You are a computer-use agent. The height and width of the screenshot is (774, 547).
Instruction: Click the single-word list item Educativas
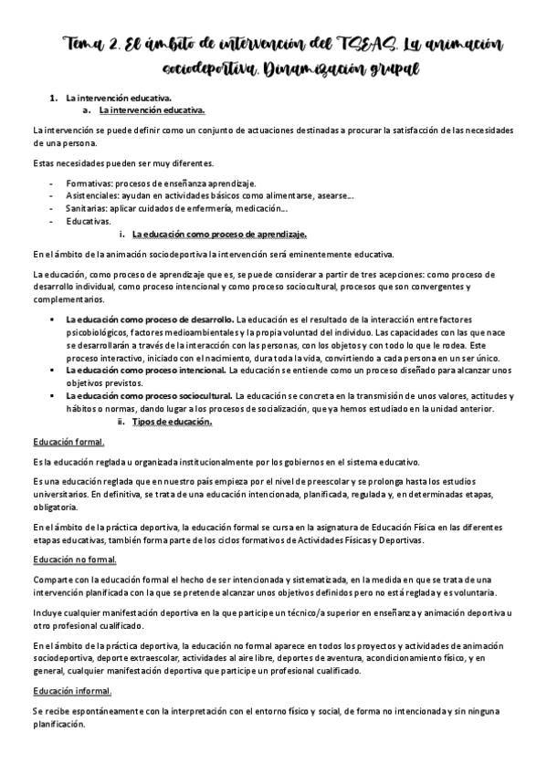coord(89,221)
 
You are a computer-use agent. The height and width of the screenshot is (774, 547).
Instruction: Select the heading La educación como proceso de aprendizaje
coord(219,234)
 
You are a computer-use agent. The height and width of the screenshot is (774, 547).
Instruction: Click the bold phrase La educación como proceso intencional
coord(145,371)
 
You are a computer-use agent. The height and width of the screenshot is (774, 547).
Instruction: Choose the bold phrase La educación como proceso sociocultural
coord(149,396)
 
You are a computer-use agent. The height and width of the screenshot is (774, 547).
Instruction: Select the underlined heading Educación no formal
coord(74,559)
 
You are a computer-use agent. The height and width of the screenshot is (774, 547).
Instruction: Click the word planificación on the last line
coord(58,725)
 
